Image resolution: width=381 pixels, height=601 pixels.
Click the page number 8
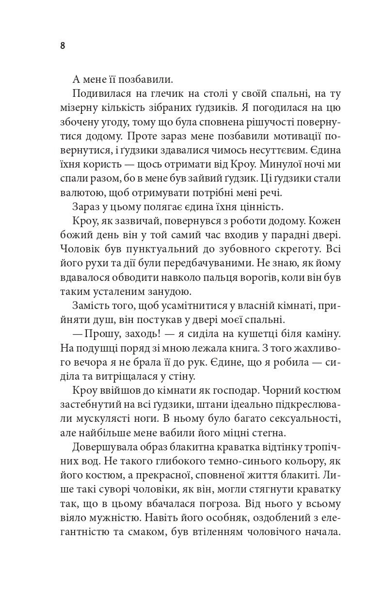[63, 46]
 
